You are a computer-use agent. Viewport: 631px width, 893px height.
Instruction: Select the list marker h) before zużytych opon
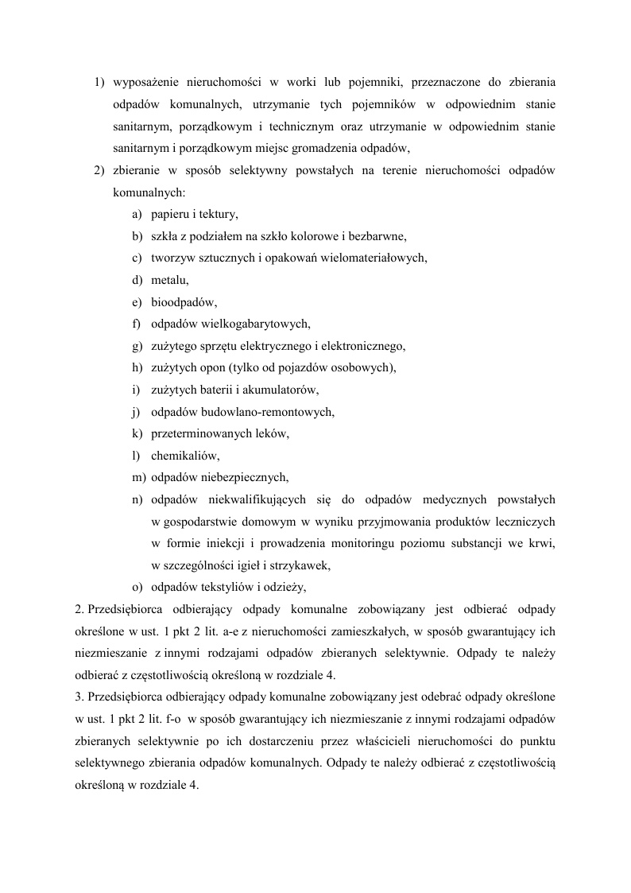[137, 367]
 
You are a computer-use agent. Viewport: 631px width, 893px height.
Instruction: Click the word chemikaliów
[184, 456]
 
